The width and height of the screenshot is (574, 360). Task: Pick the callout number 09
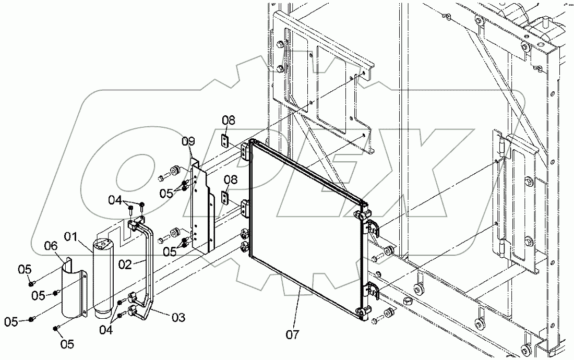pos(188,141)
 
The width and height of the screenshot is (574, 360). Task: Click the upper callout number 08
pos(228,121)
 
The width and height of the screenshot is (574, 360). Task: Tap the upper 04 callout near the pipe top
pos(115,200)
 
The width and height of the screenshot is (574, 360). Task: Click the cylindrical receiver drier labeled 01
pos(103,277)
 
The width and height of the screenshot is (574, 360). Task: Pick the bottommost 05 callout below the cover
pos(68,344)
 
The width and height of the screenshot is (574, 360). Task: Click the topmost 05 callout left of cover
pos(26,269)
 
